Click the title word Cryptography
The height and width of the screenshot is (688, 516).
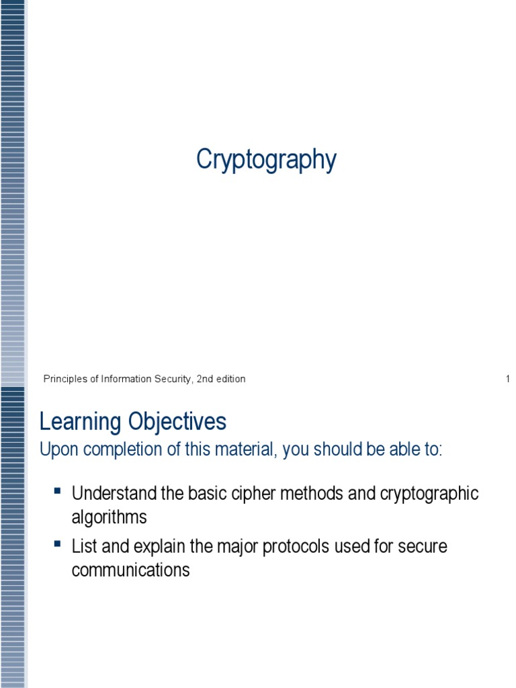(x=266, y=161)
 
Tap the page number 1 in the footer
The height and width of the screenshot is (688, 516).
(x=508, y=379)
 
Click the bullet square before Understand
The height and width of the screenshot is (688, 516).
(x=57, y=490)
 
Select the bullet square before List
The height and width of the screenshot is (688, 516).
(x=57, y=543)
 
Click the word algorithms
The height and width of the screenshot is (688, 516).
(x=109, y=518)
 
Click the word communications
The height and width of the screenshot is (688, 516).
(x=130, y=570)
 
